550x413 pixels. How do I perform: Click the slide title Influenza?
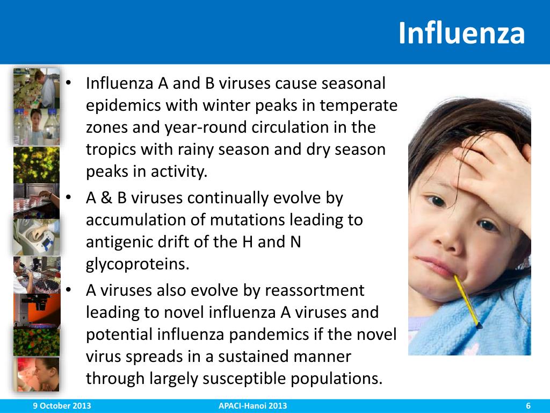coord(461,33)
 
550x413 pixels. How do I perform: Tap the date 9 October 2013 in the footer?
coord(60,406)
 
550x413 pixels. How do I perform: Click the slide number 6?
coord(528,406)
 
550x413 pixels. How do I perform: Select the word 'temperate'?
coord(367,105)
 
